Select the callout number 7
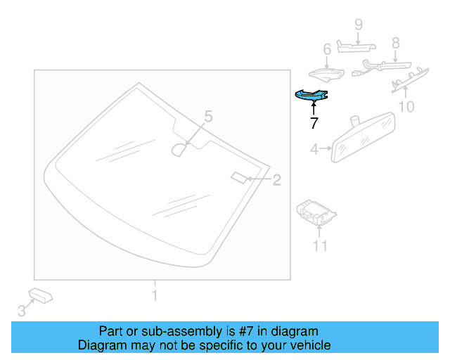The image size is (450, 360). point(314,122)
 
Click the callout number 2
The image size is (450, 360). point(276,180)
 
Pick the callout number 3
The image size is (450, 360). point(21,310)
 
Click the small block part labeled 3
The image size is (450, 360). point(41,295)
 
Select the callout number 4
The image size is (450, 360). point(314,148)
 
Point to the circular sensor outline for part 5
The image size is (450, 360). point(181,148)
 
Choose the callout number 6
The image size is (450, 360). point(326,49)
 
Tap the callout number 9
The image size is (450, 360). point(358,25)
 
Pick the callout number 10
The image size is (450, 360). point(406,107)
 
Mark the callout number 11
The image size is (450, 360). point(320,246)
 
